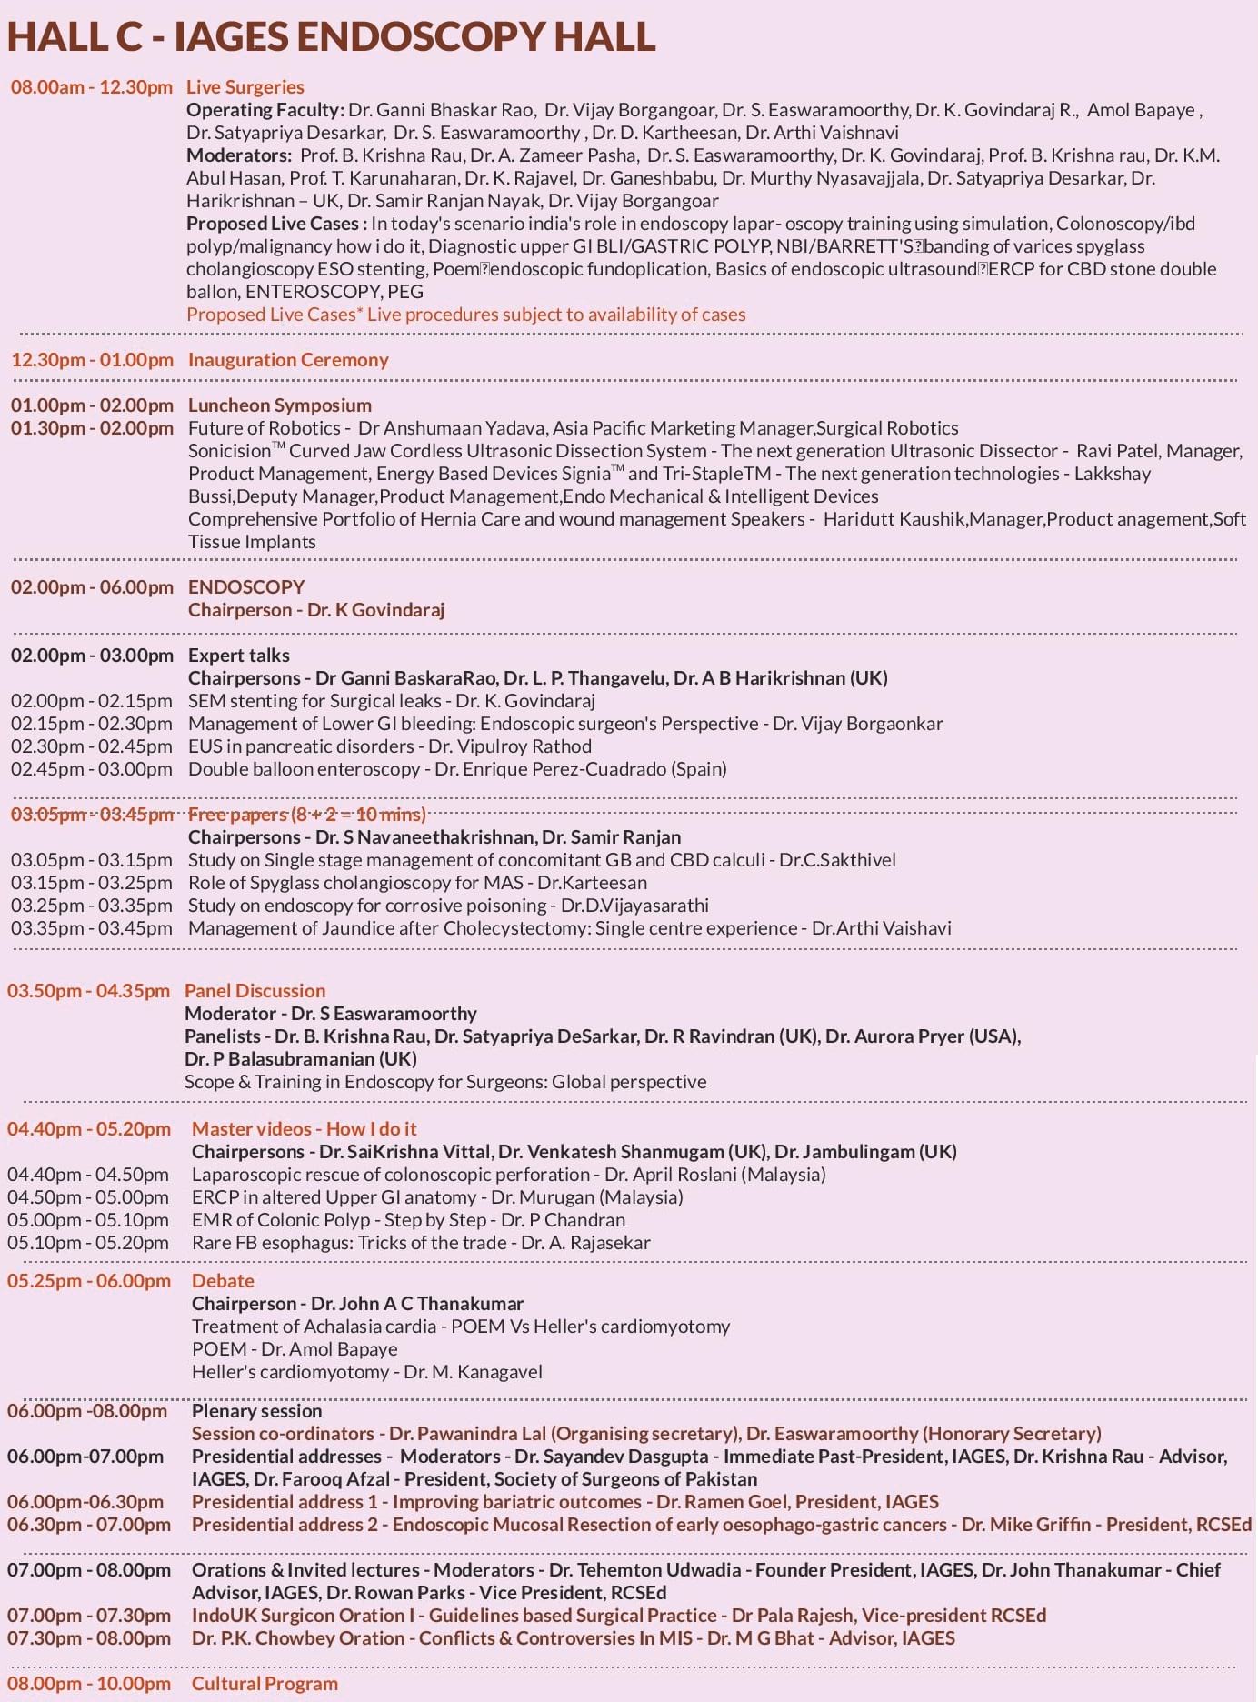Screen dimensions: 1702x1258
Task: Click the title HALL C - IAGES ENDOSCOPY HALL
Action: [331, 36]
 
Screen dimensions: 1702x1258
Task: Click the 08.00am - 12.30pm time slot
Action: [92, 87]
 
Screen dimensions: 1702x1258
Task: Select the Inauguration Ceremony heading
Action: [288, 360]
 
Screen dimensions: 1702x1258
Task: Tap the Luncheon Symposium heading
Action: [280, 405]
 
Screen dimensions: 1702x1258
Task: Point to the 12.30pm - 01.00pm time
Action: [92, 360]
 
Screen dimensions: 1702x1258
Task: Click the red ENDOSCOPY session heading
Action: [246, 587]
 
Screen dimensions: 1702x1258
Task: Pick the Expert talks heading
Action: [239, 656]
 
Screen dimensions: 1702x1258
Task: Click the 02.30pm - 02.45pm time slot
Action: [92, 746]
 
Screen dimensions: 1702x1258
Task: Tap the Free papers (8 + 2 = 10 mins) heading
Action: [307, 815]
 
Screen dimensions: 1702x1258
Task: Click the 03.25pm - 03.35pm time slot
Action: [92, 906]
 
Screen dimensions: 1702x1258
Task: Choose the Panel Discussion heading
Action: [255, 991]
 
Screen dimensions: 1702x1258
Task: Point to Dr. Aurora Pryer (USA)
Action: [923, 1036]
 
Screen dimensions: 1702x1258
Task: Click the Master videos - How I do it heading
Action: [305, 1129]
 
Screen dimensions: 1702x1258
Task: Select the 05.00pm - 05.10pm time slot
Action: [88, 1220]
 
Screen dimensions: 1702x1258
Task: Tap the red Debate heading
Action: [223, 1281]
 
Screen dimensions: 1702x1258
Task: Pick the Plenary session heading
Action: [257, 1411]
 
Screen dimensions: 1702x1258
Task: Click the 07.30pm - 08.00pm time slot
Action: [89, 1638]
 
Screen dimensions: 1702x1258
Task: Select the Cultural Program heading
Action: [265, 1684]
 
